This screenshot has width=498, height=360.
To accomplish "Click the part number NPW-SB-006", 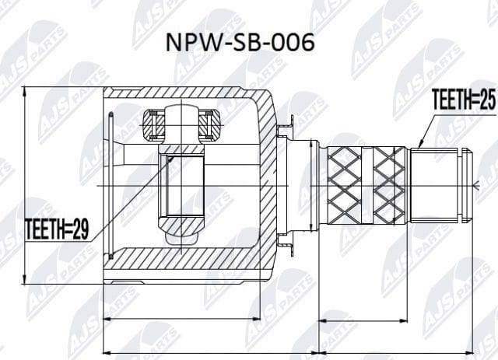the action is coord(240,42).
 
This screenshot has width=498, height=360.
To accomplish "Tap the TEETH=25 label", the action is coord(464,99).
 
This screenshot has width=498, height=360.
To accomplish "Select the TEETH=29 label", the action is coord(57,229).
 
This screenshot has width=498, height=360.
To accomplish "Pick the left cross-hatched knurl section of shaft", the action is coord(344,185).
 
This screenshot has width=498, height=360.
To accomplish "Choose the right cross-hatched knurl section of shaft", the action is coord(389,185).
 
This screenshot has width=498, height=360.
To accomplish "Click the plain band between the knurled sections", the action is coord(367,185).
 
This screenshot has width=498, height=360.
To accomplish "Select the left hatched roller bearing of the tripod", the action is coord(153,124).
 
